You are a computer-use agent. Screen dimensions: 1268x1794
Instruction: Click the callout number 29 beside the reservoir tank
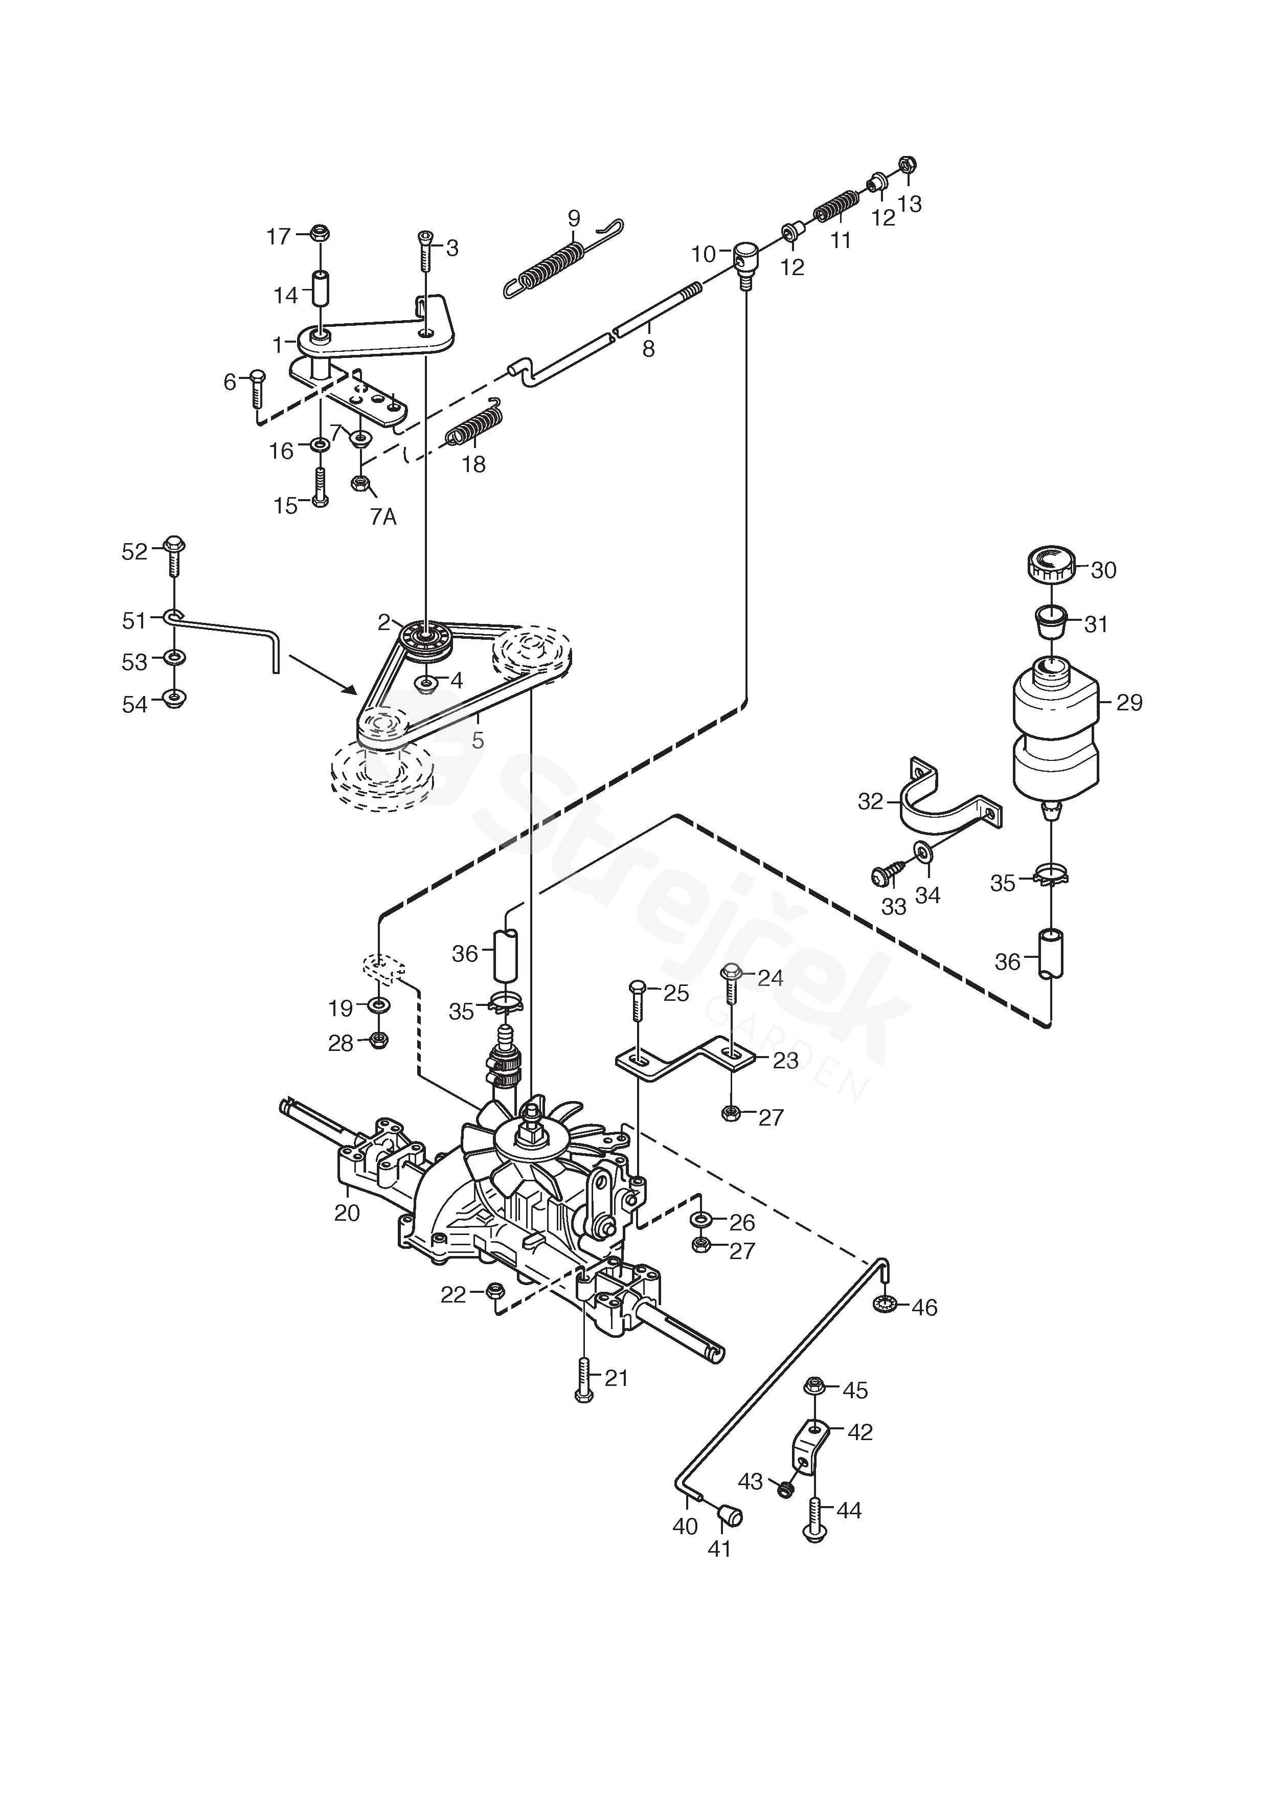(1129, 703)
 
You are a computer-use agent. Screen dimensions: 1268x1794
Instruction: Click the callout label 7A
(383, 517)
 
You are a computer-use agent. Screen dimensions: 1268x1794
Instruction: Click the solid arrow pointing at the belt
(323, 675)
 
